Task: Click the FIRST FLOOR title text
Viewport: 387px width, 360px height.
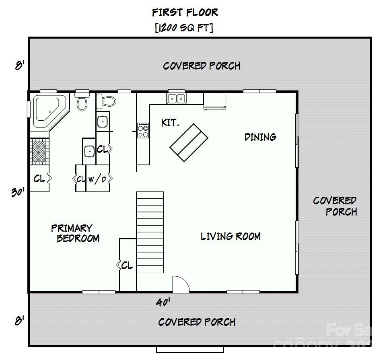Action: point(185,12)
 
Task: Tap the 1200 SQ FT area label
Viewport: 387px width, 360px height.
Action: point(184,28)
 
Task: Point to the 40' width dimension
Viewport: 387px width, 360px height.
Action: point(163,302)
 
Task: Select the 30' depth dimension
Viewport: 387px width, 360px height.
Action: point(18,192)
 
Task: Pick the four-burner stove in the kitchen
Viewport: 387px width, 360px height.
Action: point(143,130)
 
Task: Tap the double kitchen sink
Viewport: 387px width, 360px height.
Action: point(176,98)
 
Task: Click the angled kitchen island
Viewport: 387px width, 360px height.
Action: point(189,142)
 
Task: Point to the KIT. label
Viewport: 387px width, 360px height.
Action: point(170,123)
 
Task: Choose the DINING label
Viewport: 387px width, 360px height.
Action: point(260,137)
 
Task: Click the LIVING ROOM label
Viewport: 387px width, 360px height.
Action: point(231,236)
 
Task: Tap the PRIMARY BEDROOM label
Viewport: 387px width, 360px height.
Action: point(75,233)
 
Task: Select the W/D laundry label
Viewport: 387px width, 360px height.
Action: point(98,179)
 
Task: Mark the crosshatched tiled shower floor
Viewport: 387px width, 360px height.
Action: point(39,151)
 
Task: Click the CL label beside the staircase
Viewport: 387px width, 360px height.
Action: point(126,265)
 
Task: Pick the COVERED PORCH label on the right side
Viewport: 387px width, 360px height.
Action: point(335,206)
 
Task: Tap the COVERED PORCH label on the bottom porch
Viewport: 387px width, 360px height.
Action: point(197,322)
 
